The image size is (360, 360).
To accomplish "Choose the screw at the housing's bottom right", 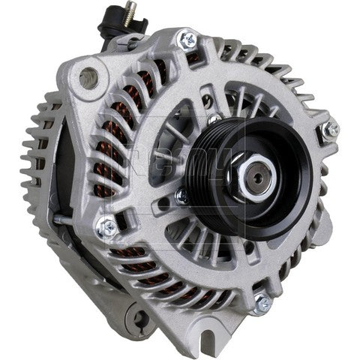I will point(262,304).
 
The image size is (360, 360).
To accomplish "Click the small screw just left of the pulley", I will point(180,196).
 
